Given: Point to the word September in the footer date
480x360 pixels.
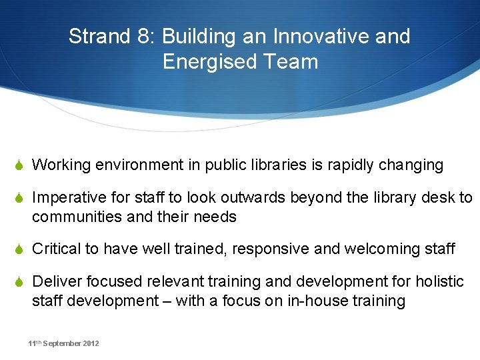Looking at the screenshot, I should pyautogui.click(x=63, y=343).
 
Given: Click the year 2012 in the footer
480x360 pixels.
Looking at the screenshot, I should pyautogui.click(x=91, y=343).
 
